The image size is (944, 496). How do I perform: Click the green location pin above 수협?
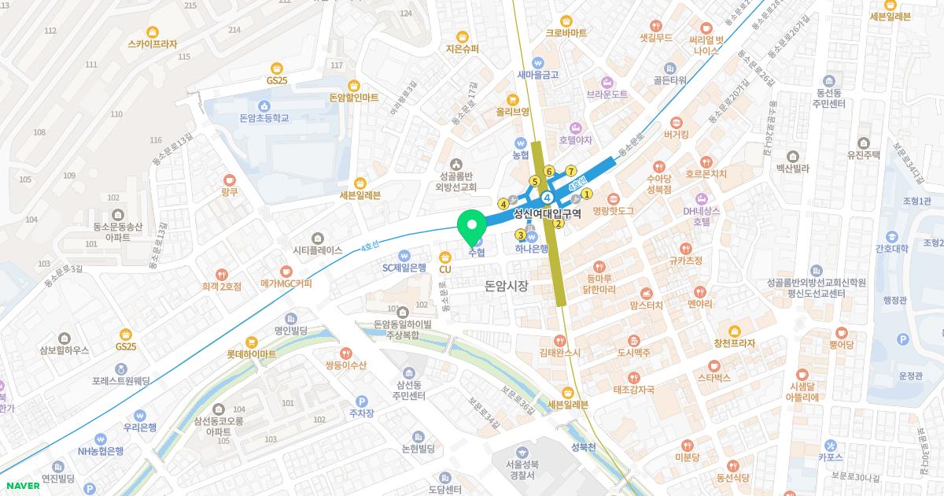pyautogui.click(x=472, y=226)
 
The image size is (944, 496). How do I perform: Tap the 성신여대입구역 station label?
pyautogui.click(x=547, y=213)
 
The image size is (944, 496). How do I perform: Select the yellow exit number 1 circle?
pyautogui.click(x=586, y=194)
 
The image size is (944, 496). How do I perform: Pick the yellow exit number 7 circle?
pyautogui.click(x=571, y=171)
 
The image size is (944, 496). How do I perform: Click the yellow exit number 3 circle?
pyautogui.click(x=520, y=235)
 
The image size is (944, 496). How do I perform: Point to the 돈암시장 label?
pyautogui.click(x=507, y=287)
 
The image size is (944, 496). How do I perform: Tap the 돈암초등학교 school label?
pyautogui.click(x=264, y=117)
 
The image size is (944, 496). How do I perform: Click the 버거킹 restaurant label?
pyautogui.click(x=676, y=135)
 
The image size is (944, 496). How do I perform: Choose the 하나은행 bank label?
pyautogui.click(x=532, y=249)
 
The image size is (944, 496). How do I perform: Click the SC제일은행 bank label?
pyautogui.click(x=404, y=267)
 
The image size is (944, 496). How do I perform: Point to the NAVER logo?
pyautogui.click(x=21, y=485)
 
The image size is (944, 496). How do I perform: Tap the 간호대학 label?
pyautogui.click(x=891, y=249)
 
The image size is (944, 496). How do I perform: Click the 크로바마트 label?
pyautogui.click(x=566, y=33)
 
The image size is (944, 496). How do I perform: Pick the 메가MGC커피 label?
pyautogui.click(x=286, y=283)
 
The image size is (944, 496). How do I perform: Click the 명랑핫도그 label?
pyautogui.click(x=613, y=211)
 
